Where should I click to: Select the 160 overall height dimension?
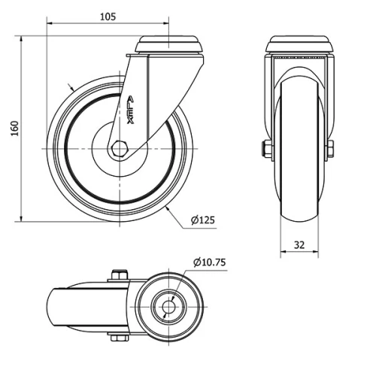click(x=13, y=129)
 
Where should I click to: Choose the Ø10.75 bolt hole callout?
click(x=210, y=262)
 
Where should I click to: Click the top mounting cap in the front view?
click(x=300, y=43)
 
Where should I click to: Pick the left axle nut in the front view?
click(x=267, y=150)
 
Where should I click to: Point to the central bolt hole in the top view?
click(x=171, y=307)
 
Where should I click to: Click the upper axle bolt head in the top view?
click(x=118, y=275)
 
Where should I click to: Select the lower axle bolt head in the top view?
click(x=118, y=339)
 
